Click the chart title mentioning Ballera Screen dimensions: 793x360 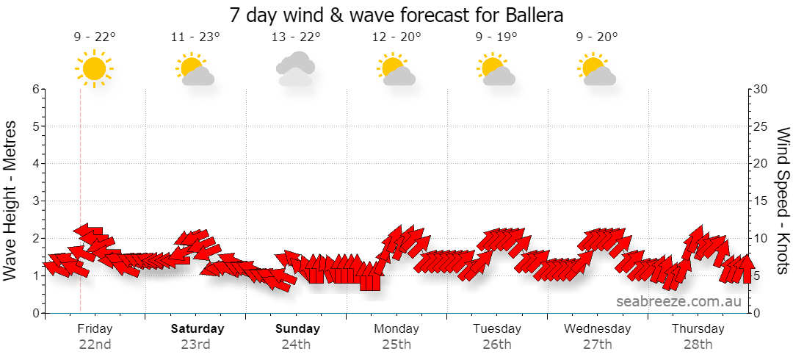point(396,15)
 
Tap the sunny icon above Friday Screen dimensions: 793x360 point(94,68)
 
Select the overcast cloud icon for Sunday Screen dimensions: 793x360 point(295,69)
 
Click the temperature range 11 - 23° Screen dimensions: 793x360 point(196,37)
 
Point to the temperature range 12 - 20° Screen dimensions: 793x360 point(396,37)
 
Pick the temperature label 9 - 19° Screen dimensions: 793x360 point(496,37)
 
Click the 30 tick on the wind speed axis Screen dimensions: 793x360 point(761,89)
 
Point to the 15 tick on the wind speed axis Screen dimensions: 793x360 point(761,201)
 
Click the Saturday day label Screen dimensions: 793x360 point(198,328)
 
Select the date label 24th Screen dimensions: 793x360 point(297,345)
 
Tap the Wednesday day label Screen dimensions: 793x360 point(597,328)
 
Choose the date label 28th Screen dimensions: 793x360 point(698,345)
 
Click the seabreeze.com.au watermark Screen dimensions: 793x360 point(678,301)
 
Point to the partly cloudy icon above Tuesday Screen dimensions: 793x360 point(496,69)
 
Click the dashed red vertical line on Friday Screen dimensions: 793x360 point(81,201)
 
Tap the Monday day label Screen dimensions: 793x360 point(396,328)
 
